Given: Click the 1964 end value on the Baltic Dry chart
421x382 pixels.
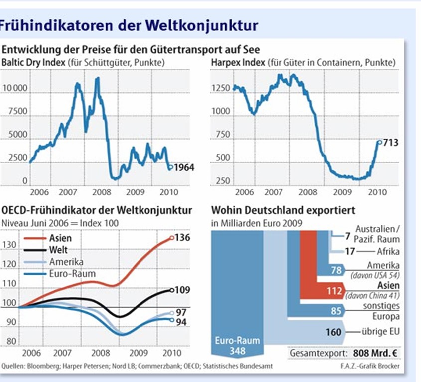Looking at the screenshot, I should point(184,168).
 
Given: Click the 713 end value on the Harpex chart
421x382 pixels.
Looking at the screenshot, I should point(390,143).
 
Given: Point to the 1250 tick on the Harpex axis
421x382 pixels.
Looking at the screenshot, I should point(220,88).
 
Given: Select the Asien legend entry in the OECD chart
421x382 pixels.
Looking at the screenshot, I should point(61,238).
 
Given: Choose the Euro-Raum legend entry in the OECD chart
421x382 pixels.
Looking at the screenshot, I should point(72,273).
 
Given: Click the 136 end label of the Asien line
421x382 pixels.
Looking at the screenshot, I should point(182,238).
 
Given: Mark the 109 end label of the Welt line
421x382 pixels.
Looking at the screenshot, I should point(182,290).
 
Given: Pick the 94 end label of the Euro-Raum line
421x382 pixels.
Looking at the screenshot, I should point(181,322).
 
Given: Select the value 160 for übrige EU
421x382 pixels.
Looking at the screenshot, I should point(333,332).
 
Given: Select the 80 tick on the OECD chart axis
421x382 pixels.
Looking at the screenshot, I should point(10,342).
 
